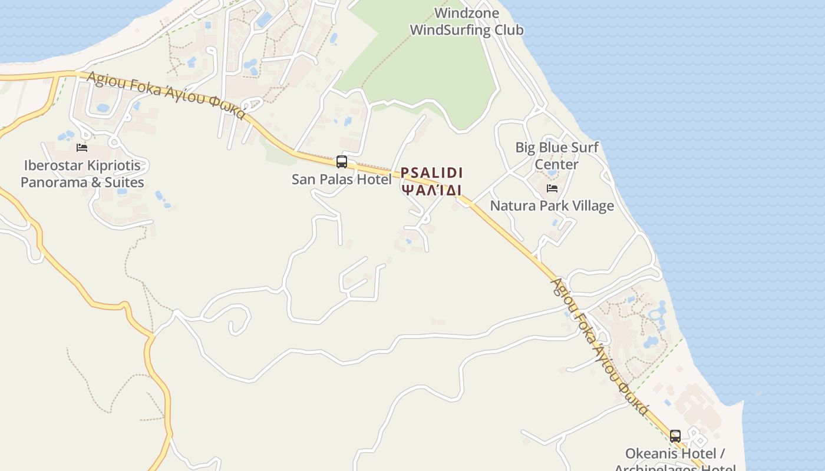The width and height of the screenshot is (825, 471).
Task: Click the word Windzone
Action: (466, 13)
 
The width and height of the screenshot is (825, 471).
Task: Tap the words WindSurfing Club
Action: (466, 30)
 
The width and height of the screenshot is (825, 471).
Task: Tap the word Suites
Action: (124, 183)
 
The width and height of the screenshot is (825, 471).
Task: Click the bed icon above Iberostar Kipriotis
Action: (82, 147)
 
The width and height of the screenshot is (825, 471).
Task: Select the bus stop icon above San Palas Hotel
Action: (341, 161)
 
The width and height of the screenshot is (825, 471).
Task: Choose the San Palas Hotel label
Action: (341, 180)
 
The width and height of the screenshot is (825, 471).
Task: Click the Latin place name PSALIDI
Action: (431, 173)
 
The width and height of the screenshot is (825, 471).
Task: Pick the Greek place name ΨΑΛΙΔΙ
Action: (431, 190)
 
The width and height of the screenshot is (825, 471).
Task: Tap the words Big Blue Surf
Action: (557, 148)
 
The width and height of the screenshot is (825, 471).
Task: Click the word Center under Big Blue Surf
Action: (556, 164)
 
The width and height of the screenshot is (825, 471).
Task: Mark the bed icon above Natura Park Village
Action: (552, 188)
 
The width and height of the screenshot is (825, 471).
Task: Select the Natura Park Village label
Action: (552, 206)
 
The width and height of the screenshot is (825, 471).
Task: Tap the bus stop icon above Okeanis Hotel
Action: (675, 436)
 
